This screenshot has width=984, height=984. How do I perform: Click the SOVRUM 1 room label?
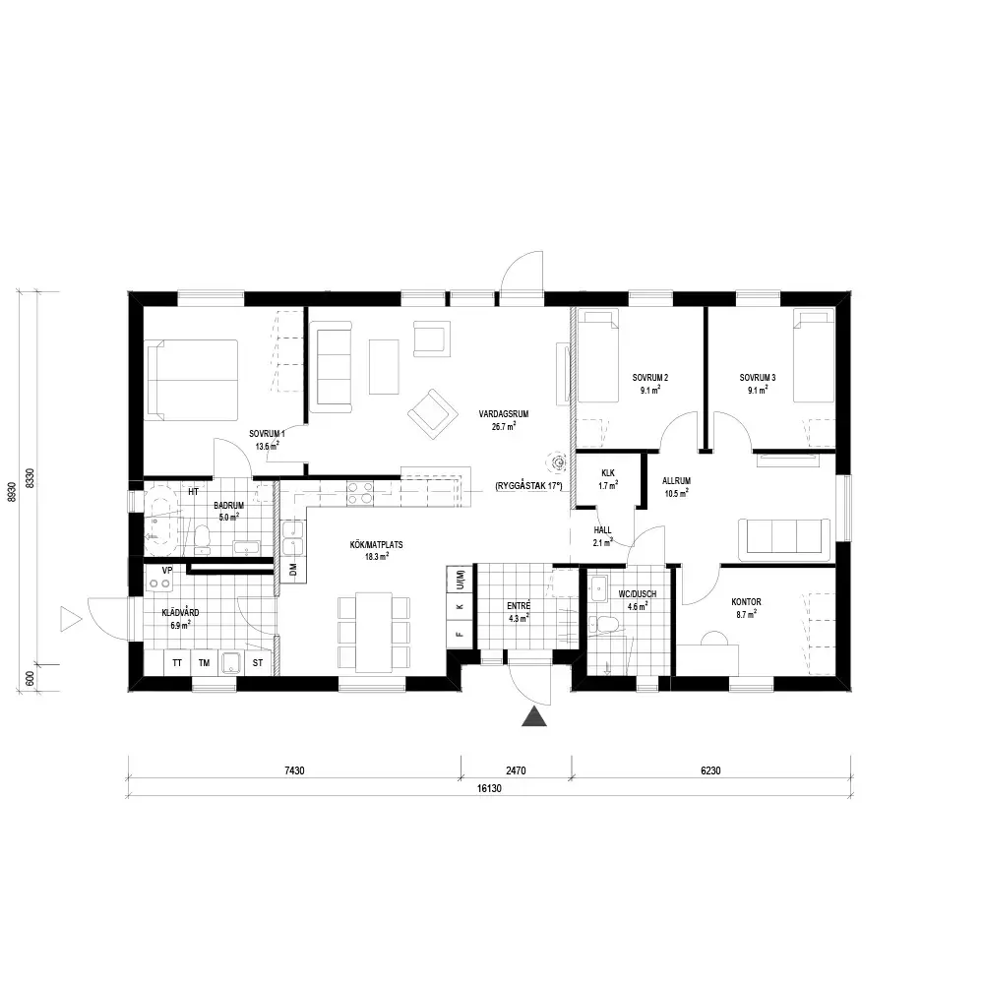coord(267,434)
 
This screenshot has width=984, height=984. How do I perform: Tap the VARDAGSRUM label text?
coord(503,414)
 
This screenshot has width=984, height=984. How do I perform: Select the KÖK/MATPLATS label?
coord(377,545)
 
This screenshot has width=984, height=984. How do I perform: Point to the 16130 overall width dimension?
coord(489,788)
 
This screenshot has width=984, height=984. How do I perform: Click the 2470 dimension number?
coord(516,770)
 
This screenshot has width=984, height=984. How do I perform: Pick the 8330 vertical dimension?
coord(30,479)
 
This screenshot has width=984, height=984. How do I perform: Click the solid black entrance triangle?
coord(534,716)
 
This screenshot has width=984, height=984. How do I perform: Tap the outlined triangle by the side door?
coord(70,619)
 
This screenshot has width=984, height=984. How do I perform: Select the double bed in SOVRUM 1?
coord(192,380)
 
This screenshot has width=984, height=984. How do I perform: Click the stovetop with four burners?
coord(360,493)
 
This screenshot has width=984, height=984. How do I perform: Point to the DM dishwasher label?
coord(293,570)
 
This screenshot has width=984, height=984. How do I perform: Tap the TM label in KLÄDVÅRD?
coord(204,662)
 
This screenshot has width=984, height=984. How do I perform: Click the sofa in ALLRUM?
coord(784,539)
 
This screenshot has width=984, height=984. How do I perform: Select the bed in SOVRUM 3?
coord(814,355)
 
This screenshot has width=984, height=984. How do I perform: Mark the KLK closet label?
coord(608,473)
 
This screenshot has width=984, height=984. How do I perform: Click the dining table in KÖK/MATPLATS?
coord(374,632)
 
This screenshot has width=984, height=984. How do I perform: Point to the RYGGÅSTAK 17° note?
coord(528,486)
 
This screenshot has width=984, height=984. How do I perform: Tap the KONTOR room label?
coord(746,602)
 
